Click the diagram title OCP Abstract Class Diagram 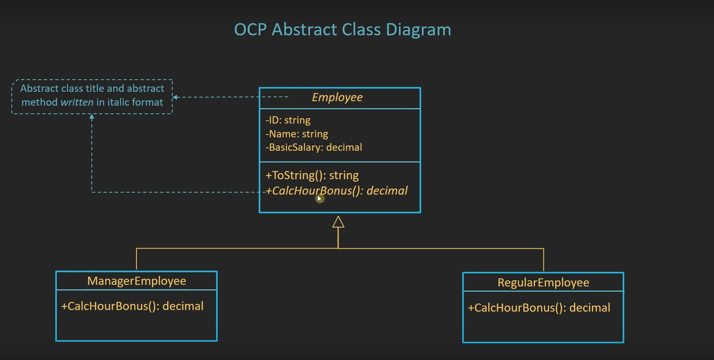pyautogui.click(x=342, y=30)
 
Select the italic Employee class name pyautogui.click(x=337, y=98)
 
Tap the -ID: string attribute pyautogui.click(x=288, y=120)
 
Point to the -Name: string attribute pyautogui.click(x=297, y=134)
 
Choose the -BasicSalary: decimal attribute pyautogui.click(x=314, y=147)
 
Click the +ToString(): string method pyautogui.click(x=312, y=176)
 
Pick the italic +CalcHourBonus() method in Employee pyautogui.click(x=336, y=191)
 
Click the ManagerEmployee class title pyautogui.click(x=136, y=281)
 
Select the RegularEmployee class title pyautogui.click(x=543, y=283)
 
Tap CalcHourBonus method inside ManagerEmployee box pyautogui.click(x=132, y=306)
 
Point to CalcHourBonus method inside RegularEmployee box pyautogui.click(x=539, y=308)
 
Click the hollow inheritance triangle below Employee pyautogui.click(x=338, y=222)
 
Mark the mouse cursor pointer pyautogui.click(x=319, y=198)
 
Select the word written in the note pyautogui.click(x=77, y=102)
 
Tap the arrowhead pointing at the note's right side pyautogui.click(x=175, y=97)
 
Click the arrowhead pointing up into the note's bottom pyautogui.click(x=92, y=117)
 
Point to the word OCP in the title pyautogui.click(x=250, y=30)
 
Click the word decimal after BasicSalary pyautogui.click(x=344, y=147)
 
